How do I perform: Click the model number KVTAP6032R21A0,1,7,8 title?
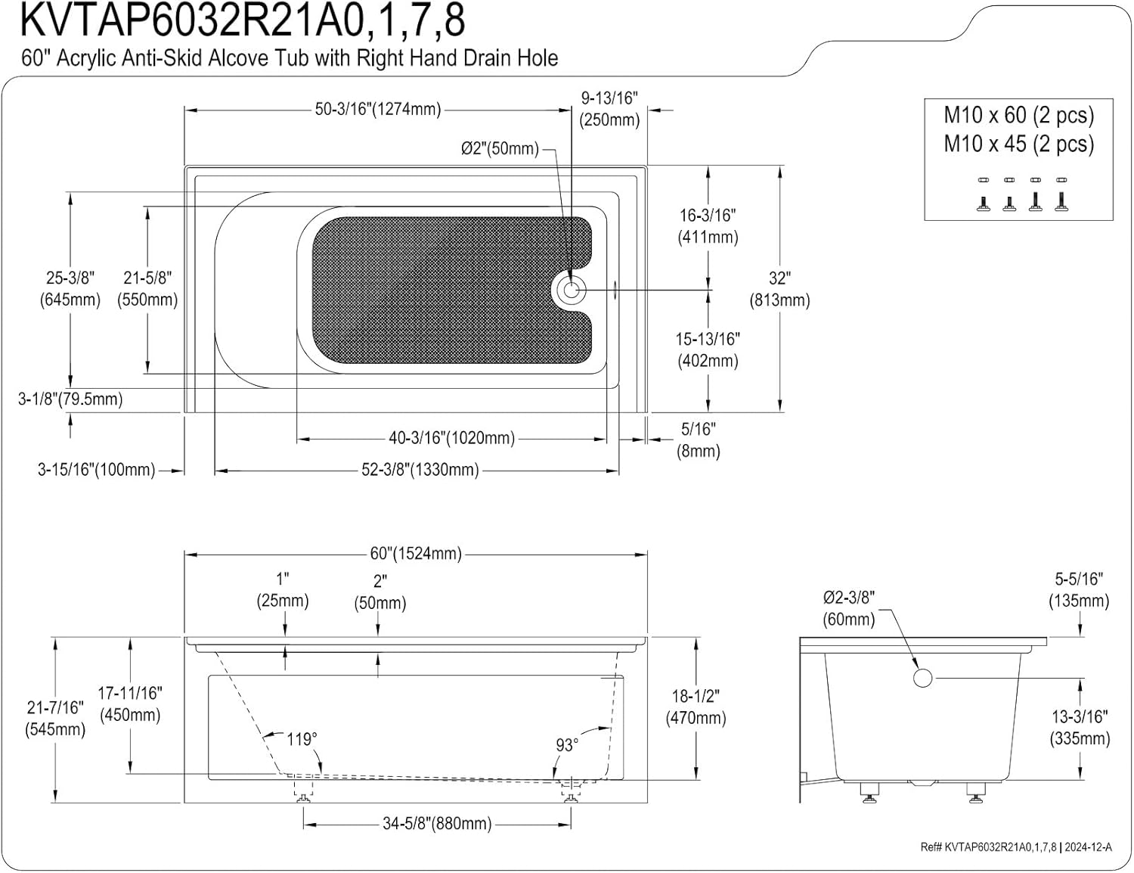242,20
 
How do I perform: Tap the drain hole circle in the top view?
571,290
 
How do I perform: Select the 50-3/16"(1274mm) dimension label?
378,109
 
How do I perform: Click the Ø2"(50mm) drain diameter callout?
500,148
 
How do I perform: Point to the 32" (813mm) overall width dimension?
779,290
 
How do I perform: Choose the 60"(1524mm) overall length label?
415,554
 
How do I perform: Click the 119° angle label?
302,738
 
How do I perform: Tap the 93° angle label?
567,745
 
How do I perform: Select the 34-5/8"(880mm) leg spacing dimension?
437,823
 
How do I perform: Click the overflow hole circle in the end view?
922,678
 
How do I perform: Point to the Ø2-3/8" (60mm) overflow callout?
848,608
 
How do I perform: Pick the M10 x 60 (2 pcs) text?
1018,115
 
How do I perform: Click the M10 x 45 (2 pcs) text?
1018,144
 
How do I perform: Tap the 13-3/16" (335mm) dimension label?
1080,727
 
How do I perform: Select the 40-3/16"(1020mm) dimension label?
451,438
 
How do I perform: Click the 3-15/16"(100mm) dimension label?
97,471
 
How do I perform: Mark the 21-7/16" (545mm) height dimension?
55,719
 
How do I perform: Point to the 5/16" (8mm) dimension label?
698,440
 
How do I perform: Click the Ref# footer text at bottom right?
1016,847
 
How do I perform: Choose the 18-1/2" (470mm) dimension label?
696,707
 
